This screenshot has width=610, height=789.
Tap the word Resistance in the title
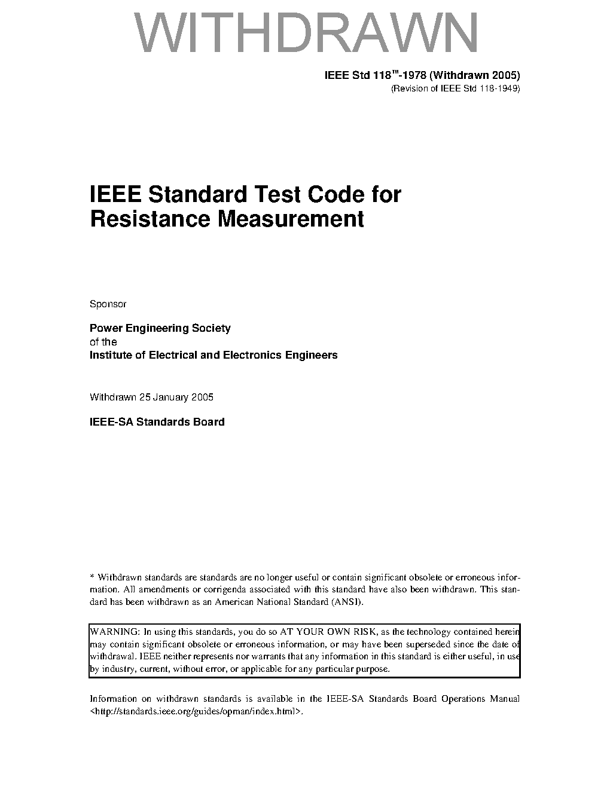point(150,219)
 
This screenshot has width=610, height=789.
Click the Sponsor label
point(108,304)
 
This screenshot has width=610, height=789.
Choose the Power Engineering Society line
point(160,328)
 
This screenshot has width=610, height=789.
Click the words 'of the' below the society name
point(103,342)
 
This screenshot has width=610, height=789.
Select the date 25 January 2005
point(176,397)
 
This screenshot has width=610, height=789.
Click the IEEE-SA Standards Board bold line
point(157,422)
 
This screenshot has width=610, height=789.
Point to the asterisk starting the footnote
point(92,577)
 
